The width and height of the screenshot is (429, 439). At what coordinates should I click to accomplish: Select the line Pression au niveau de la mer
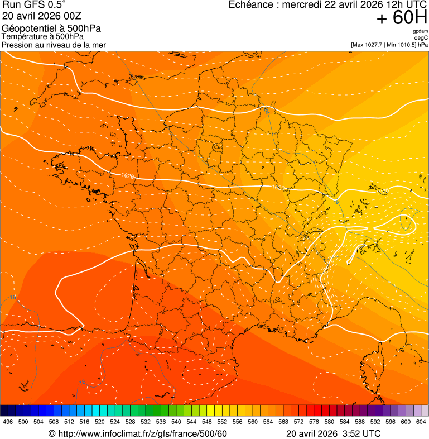[x=54, y=45]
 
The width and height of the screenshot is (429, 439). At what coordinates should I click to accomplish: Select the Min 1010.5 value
[x=401, y=45]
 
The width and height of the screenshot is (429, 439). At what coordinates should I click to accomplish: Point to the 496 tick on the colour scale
[x=8, y=422]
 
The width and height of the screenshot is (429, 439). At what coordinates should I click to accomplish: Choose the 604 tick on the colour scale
[x=421, y=422]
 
